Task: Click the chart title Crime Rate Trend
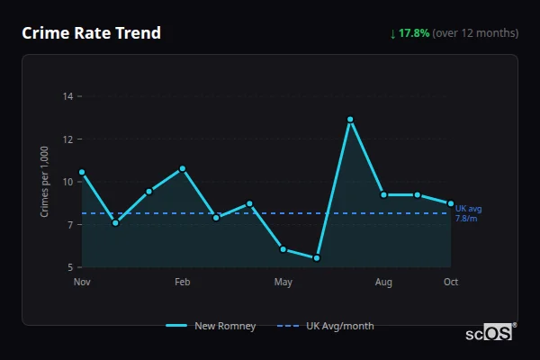[92, 33]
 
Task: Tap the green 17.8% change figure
[417, 33]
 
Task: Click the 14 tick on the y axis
[67, 95]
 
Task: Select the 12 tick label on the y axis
[67, 139]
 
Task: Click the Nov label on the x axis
[82, 283]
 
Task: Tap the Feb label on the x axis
[183, 283]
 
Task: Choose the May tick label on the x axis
[283, 283]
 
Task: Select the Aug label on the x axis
[384, 283]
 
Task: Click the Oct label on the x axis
[451, 283]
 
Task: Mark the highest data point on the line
[350, 120]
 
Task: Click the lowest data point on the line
[317, 258]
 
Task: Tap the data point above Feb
[183, 168]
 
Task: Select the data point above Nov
[82, 172]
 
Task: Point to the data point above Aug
[384, 194]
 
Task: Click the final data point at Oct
[451, 203]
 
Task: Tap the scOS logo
[490, 332]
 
